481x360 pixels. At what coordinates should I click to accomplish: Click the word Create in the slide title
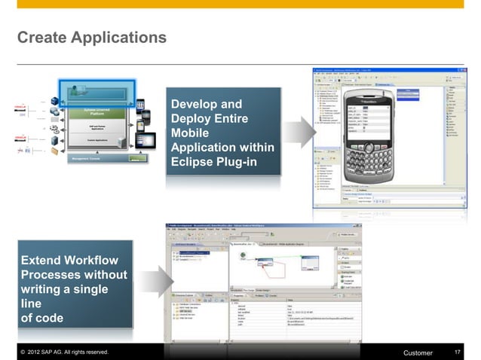pyautogui.click(x=39, y=36)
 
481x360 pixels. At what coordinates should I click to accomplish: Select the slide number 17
pyautogui.click(x=458, y=352)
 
